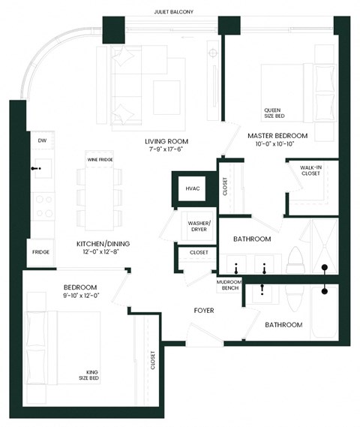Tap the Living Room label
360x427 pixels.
tap(166, 141)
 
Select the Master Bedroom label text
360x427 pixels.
tap(277, 135)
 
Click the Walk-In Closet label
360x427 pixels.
tap(310, 170)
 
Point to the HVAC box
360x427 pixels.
tap(193, 189)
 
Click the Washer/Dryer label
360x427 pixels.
tap(199, 227)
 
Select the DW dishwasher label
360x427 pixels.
tap(41, 140)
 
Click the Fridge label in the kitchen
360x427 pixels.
tap(40, 251)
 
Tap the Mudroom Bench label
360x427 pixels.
tap(229, 285)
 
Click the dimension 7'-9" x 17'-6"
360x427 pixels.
tap(166, 150)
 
